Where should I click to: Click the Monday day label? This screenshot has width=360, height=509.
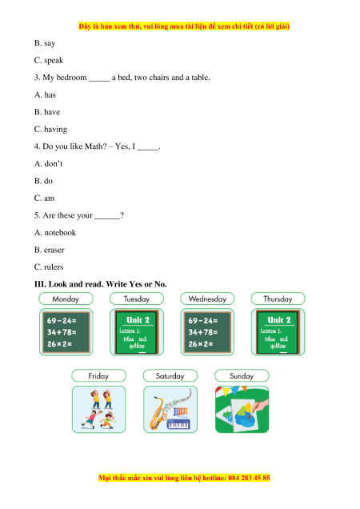tap(66, 299)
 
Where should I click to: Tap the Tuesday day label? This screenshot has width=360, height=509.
tap(137, 299)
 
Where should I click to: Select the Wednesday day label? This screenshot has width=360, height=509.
tap(207, 299)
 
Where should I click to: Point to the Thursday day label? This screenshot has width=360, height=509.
tap(278, 299)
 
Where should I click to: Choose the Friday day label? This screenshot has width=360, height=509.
tap(98, 375)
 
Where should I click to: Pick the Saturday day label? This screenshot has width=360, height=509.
tap(170, 375)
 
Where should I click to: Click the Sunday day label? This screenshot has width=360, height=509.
tap(242, 375)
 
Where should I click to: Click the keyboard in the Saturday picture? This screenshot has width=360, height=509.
tap(178, 423)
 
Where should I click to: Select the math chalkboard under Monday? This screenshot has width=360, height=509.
tap(66, 332)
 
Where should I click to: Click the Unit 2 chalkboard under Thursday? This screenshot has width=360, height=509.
tap(278, 332)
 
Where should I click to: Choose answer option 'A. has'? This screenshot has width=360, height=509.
tap(45, 94)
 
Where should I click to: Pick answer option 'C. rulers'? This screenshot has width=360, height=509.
tap(49, 267)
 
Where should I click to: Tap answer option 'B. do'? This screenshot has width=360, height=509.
tap(43, 181)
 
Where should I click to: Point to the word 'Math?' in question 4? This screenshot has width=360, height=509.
tap(95, 146)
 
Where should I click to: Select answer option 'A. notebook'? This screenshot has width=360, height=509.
tap(55, 232)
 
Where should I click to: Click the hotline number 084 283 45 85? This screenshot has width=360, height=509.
tap(250, 478)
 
